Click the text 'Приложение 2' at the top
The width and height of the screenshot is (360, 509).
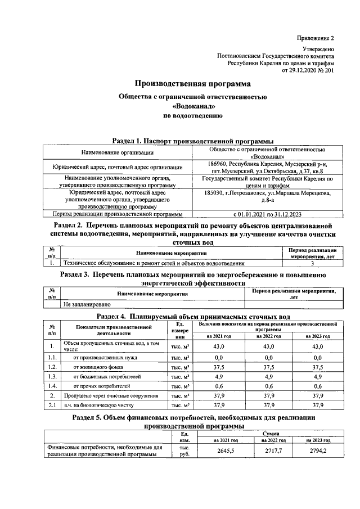coord(316,38)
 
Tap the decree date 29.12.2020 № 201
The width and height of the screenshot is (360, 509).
coord(308,71)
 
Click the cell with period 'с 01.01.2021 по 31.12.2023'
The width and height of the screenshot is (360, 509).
coord(267,214)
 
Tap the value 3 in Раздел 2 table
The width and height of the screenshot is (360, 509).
coord(312,263)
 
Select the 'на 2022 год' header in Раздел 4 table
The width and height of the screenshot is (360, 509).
coord(268,336)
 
